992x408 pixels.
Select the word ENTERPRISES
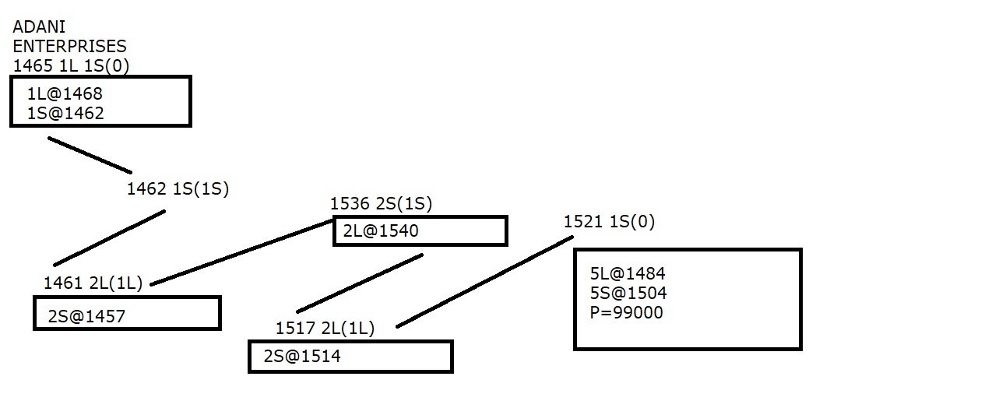click(69, 47)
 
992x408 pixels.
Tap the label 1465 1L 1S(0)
click(71, 65)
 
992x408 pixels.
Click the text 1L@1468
click(65, 94)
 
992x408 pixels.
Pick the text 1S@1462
click(65, 114)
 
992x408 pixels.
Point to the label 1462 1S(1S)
click(178, 189)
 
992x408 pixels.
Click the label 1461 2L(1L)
click(93, 283)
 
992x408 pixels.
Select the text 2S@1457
click(86, 316)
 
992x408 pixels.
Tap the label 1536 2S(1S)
click(381, 204)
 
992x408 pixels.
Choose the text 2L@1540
click(381, 230)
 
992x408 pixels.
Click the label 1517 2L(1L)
click(325, 329)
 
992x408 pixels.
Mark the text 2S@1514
click(302, 357)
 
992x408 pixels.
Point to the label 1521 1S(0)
click(609, 222)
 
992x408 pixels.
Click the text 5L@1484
click(628, 274)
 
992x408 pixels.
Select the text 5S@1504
click(628, 294)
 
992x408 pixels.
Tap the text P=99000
click(627, 313)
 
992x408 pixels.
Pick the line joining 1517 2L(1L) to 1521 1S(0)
click(485, 282)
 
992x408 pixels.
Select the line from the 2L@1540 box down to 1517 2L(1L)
click(360, 283)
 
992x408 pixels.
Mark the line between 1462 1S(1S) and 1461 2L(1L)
click(109, 238)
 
